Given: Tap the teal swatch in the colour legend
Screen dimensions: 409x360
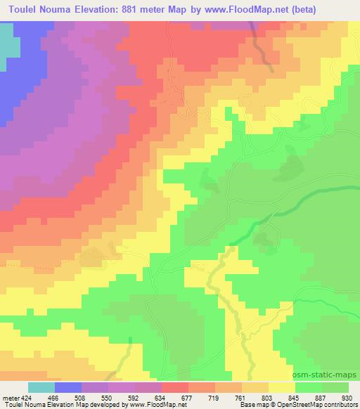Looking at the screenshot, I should coord(41,387).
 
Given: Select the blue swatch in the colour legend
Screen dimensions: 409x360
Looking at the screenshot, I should coord(68,387).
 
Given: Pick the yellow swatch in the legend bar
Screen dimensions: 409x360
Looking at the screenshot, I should coord(281,387).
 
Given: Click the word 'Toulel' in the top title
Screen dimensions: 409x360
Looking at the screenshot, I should coord(22,11).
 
